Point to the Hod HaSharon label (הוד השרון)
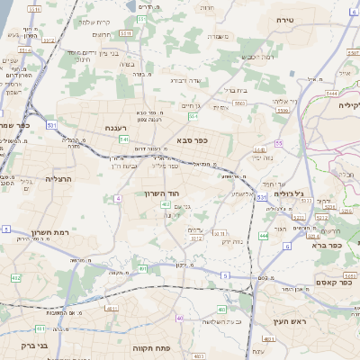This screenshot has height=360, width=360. coord(163,193)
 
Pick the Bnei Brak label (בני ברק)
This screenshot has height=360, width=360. coord(17,345)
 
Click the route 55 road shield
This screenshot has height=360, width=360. coord(279,143)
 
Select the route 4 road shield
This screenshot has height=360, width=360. coord(118,197)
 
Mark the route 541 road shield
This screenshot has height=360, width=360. coord(123,139)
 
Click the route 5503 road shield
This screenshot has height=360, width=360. coord(239,103)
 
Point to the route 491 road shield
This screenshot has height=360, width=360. coord(141,268)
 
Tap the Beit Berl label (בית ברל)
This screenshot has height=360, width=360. coord(237,90)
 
